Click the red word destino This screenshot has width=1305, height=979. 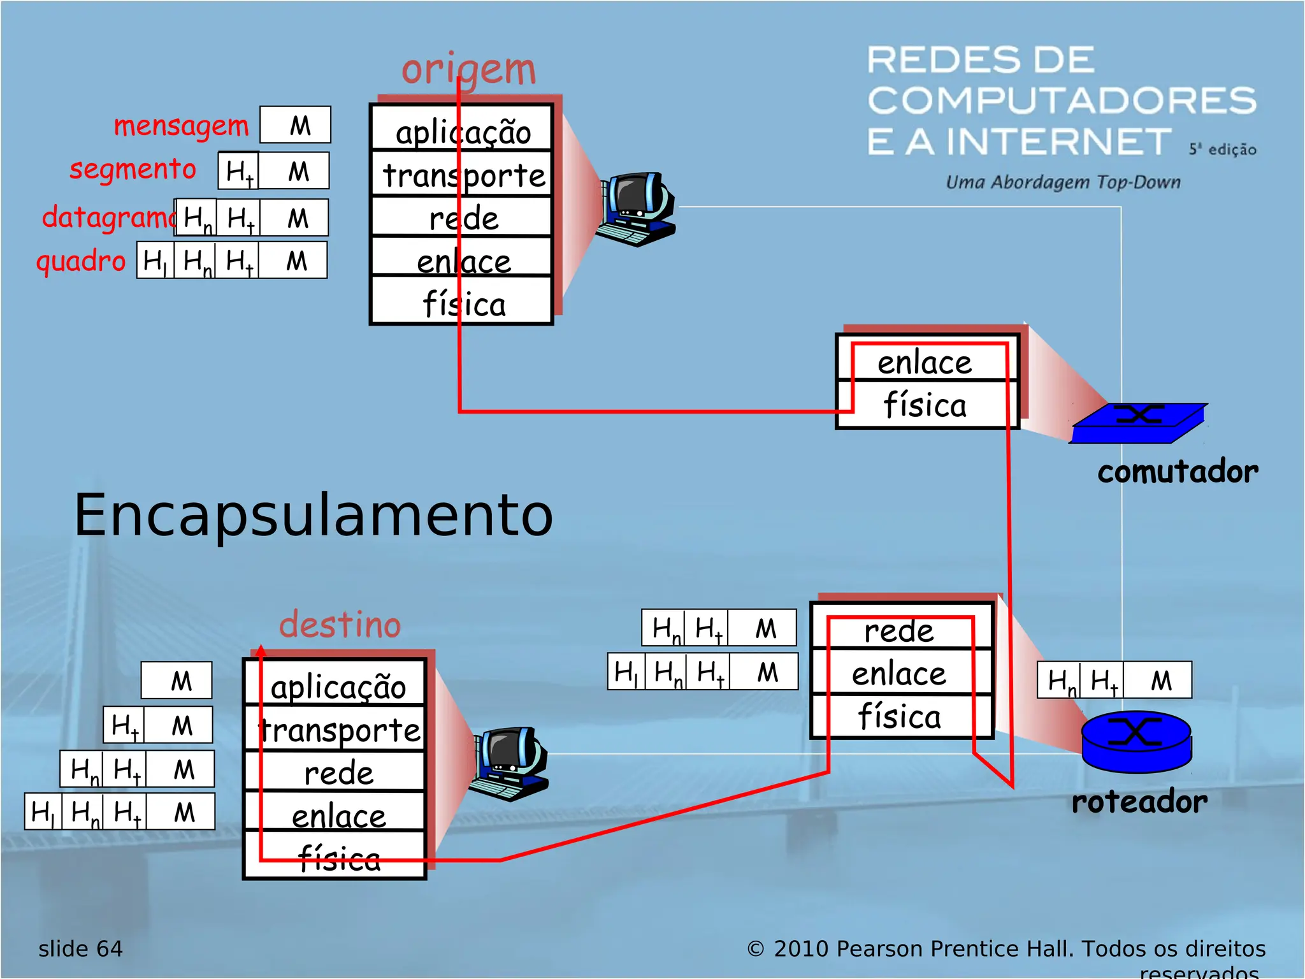point(340,624)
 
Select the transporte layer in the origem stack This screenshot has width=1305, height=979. point(463,175)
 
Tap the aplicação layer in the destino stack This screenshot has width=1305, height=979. point(338,686)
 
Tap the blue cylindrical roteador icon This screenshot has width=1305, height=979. point(1136,741)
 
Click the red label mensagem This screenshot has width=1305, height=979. point(181,126)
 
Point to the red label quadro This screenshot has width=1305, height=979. point(81,261)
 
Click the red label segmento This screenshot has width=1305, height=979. point(133,170)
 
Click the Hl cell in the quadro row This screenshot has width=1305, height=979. point(155,261)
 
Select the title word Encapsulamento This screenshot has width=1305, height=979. point(313,514)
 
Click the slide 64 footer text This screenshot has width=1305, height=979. point(80,949)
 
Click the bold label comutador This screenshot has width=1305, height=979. point(1177,472)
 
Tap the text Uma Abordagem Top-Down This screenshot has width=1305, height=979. point(1062,182)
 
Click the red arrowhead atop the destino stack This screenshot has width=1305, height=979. point(261,651)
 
